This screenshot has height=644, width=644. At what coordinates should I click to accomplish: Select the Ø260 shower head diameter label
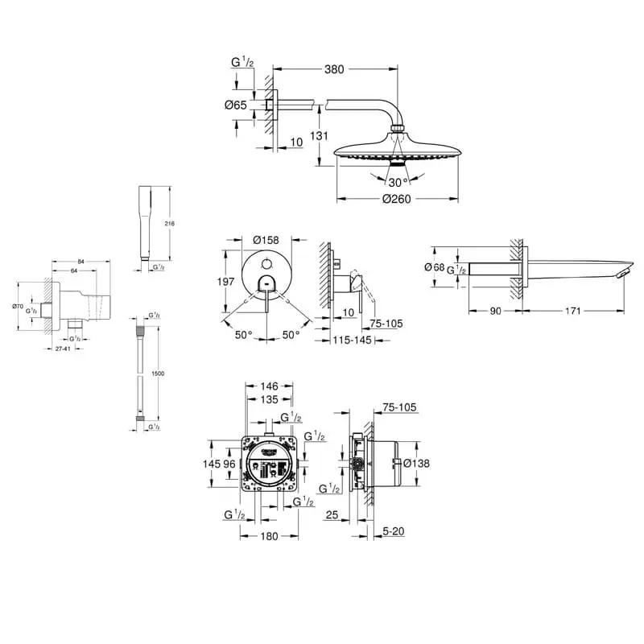(x=397, y=199)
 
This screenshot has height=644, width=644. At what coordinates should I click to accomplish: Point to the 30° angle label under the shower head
(x=396, y=181)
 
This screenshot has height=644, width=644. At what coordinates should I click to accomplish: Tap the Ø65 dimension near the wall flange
(x=236, y=105)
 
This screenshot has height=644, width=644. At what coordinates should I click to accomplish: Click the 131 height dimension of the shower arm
(x=320, y=136)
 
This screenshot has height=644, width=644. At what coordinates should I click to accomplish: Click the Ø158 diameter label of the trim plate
(x=265, y=240)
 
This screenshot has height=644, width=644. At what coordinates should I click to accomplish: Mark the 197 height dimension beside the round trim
(x=226, y=282)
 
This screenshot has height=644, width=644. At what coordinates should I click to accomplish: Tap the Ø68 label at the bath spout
(x=434, y=266)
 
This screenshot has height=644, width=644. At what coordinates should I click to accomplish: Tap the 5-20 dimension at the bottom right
(x=394, y=530)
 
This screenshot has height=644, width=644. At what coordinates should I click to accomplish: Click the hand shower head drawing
(x=147, y=225)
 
